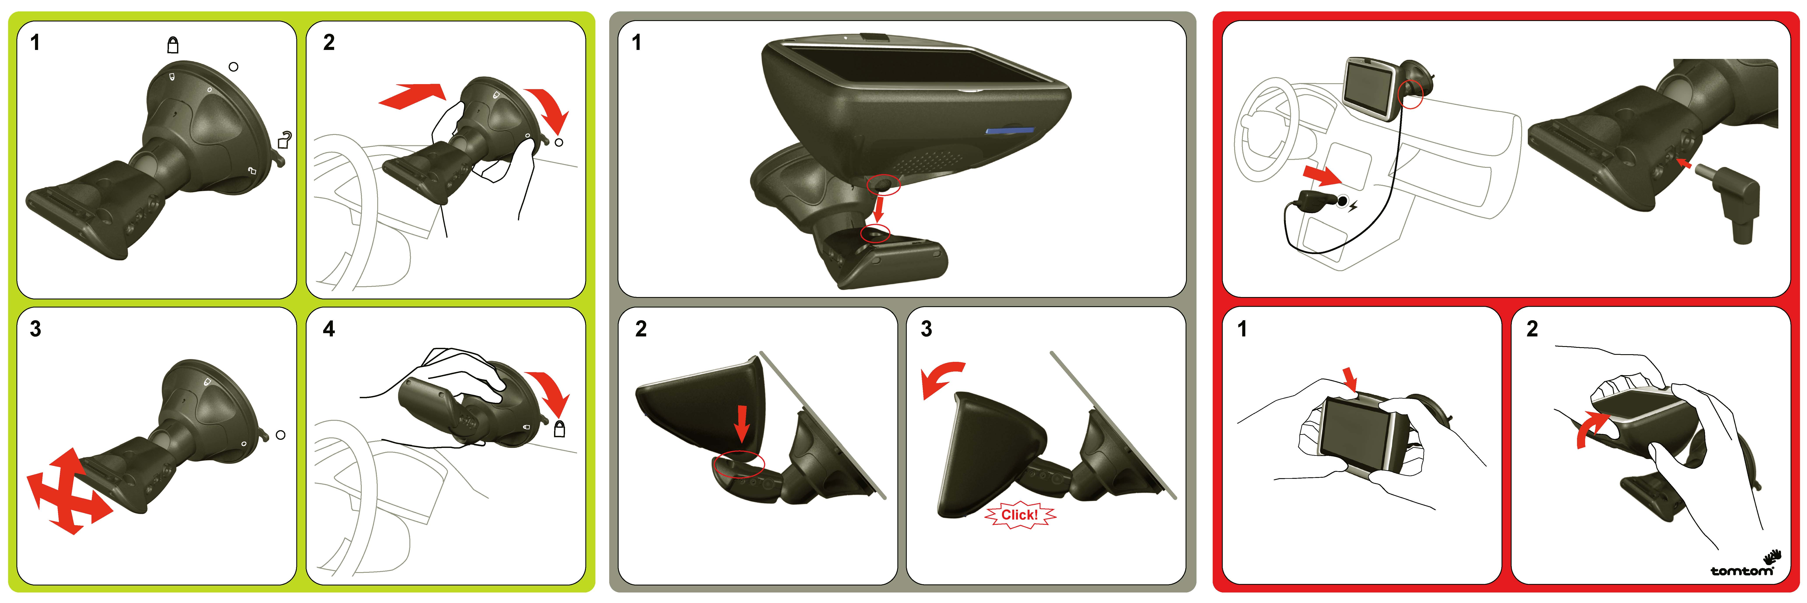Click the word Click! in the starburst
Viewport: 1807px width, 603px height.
(x=1019, y=515)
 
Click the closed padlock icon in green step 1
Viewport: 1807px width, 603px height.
(x=173, y=45)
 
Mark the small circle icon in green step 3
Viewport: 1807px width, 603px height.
(x=281, y=435)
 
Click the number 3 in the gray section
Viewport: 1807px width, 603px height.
(x=926, y=329)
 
